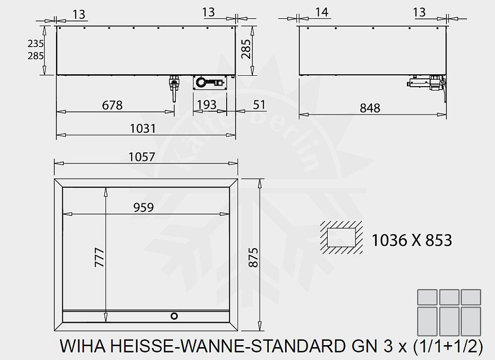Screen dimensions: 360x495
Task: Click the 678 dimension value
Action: point(112,105)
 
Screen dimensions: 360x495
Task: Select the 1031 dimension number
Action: point(143,128)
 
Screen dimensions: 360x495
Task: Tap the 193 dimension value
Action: point(206,105)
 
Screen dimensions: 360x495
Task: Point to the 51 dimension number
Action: point(259,105)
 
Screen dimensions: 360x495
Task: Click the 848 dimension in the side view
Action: point(370,107)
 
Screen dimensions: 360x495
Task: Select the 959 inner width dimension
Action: point(143,207)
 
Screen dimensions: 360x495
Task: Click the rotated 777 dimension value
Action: point(99,257)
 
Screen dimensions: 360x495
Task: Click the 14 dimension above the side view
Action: point(322,12)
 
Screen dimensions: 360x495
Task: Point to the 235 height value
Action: point(36,44)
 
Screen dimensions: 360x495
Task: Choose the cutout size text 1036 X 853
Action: point(411,240)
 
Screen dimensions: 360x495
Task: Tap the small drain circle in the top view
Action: point(174,315)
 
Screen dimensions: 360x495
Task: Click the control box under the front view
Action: point(210,82)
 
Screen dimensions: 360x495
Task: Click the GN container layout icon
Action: point(448,312)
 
